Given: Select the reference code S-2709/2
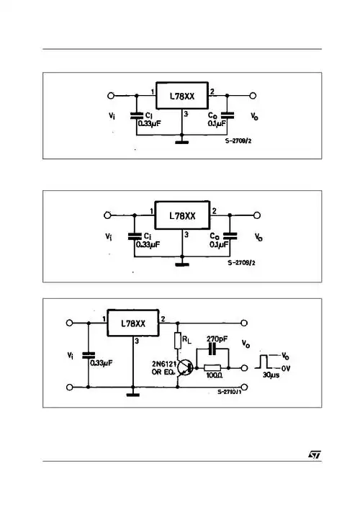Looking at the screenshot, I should [x=242, y=264].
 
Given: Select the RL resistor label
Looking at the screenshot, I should [x=186, y=338].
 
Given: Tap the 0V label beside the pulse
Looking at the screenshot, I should [x=286, y=367].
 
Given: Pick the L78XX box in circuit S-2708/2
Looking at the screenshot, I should [x=182, y=97].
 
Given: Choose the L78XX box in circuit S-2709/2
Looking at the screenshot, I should [x=182, y=215].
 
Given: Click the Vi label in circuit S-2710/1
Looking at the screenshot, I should [x=69, y=354].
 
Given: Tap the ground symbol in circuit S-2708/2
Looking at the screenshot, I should [x=182, y=143].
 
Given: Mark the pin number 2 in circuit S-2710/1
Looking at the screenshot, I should [x=163, y=318].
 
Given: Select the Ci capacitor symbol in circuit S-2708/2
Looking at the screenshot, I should [x=135, y=115].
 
